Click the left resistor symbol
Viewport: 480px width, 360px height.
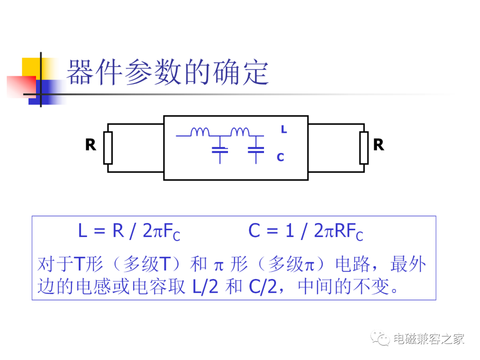[x=108, y=148]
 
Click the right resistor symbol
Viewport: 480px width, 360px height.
[x=364, y=148]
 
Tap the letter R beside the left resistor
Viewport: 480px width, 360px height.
[x=91, y=145]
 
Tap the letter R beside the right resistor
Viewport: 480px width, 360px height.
[x=379, y=145]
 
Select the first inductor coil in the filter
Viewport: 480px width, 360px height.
[x=200, y=132]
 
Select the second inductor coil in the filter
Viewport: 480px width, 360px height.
[x=240, y=132]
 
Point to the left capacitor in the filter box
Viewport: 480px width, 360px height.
[x=220, y=150]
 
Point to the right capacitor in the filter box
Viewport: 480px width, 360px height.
[x=256, y=150]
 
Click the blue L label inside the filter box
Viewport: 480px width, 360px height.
[x=284, y=129]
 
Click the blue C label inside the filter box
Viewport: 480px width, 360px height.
[x=280, y=157]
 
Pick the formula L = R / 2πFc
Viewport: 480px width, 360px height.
[x=129, y=232]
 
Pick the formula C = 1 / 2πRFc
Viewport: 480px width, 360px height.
[x=306, y=232]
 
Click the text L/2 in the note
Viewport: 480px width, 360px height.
[x=205, y=287]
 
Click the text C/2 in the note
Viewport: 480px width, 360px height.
[x=263, y=287]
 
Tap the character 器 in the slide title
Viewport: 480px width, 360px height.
[x=80, y=72]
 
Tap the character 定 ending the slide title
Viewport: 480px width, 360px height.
[x=256, y=72]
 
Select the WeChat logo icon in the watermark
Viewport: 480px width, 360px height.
[x=380, y=338]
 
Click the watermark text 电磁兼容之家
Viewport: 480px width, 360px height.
[x=429, y=339]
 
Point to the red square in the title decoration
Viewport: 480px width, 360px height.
[x=21, y=87]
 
